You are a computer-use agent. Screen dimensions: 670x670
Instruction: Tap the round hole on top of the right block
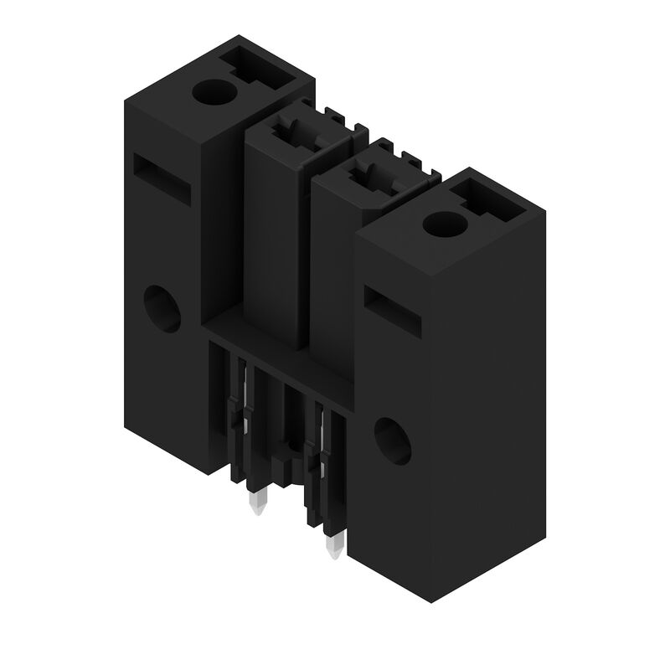444,224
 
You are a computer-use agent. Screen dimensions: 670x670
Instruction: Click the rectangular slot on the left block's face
162,178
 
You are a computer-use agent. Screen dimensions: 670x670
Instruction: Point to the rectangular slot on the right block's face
393,312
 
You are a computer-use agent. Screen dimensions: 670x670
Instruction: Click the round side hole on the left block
162,308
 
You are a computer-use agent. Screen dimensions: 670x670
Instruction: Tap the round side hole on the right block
392,441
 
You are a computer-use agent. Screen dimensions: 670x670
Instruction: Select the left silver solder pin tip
256,503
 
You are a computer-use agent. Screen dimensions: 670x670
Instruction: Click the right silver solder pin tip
333,547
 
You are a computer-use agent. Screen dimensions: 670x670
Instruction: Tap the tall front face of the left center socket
272,243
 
